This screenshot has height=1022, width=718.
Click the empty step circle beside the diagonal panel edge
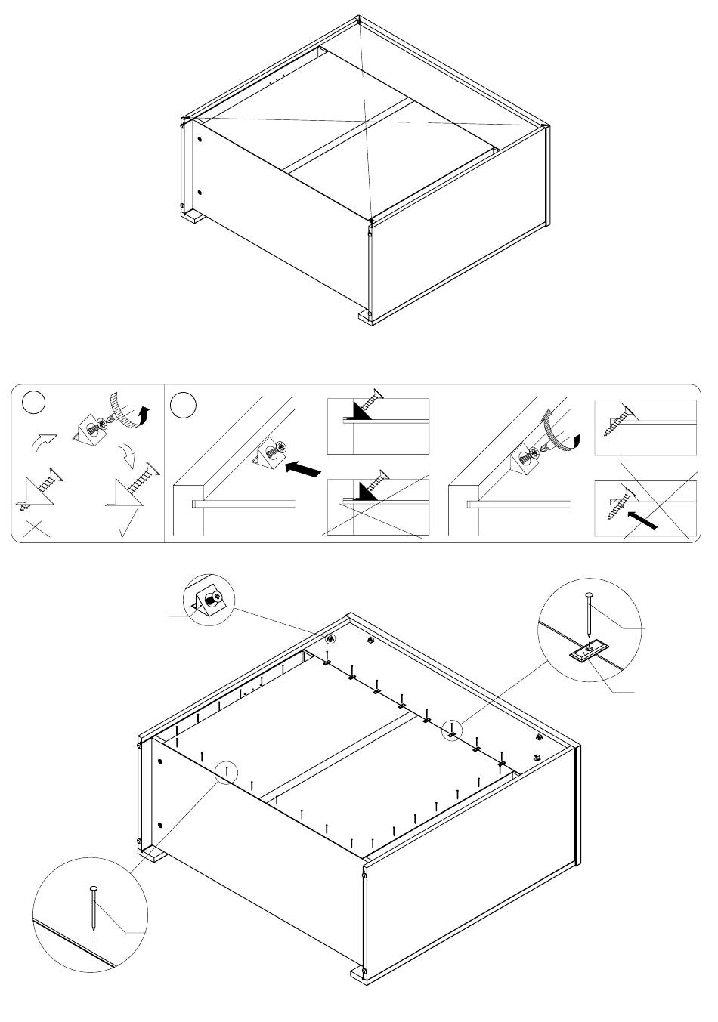pyautogui.click(x=184, y=405)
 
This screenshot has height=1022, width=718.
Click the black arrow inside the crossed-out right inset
pyautogui.click(x=640, y=520)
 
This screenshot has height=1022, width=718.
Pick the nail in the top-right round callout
pyautogui.click(x=588, y=616)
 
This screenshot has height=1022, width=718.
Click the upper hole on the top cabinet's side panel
pyautogui.click(x=200, y=140)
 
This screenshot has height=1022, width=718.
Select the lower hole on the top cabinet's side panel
pyautogui.click(x=200, y=193)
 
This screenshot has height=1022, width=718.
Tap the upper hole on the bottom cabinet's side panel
pyautogui.click(x=161, y=762)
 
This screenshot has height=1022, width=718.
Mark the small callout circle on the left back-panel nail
pyautogui.click(x=226, y=773)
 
